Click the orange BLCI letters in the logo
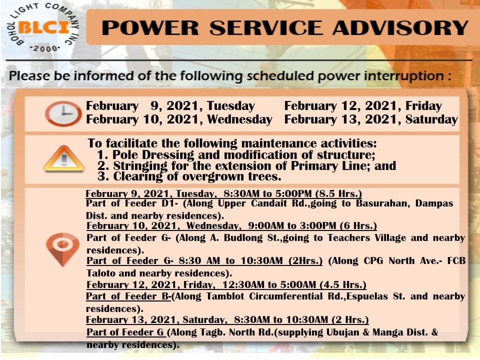click(44, 27)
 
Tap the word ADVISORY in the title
click(400, 28)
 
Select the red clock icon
click(63, 113)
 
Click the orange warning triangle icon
click(63, 158)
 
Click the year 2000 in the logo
click(45, 48)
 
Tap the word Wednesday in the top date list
click(239, 119)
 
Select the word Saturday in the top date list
click(431, 119)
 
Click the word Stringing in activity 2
click(140, 166)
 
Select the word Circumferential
click(286, 296)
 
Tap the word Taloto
click(100, 273)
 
